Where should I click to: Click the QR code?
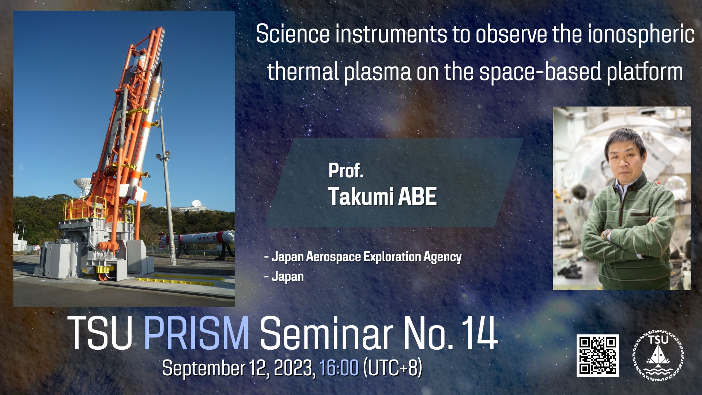598,355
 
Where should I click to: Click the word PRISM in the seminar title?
196,334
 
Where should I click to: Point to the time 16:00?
339,368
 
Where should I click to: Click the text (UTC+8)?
393,368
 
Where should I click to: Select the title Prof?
346,170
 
